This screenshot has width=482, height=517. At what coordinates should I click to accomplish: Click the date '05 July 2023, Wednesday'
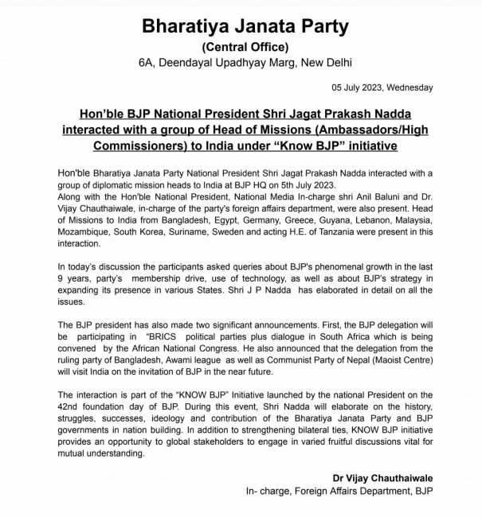tap(385, 87)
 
